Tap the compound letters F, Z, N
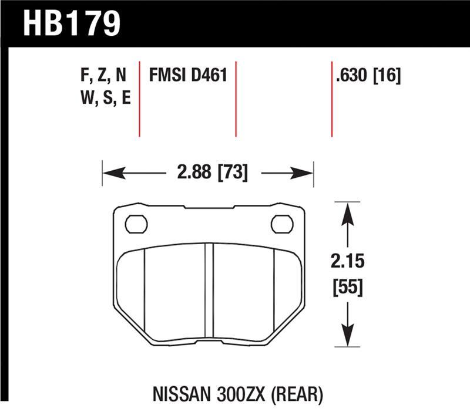click(103, 76)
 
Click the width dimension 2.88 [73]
click(209, 173)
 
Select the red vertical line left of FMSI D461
click(139, 98)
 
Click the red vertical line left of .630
click(332, 98)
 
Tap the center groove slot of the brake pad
click(209, 291)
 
